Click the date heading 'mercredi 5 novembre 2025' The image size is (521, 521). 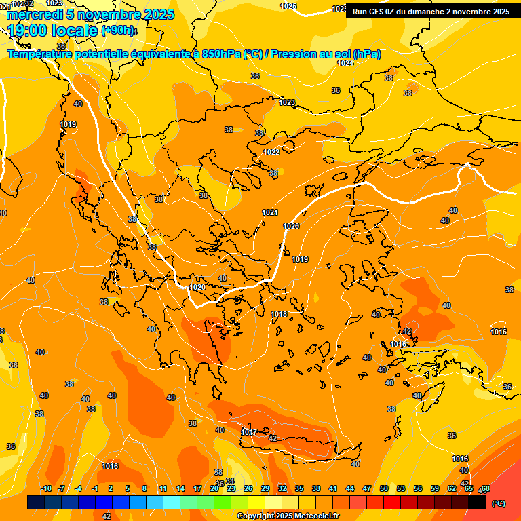90,14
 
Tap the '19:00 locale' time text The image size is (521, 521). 53,31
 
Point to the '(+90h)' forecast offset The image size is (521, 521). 118,31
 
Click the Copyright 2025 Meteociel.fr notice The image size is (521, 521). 288,516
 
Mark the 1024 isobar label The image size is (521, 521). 345,63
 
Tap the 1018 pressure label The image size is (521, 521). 279,314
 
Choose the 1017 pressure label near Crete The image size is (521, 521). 249,432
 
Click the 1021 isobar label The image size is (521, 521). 270,212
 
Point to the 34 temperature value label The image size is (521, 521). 230,481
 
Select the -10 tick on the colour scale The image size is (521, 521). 46,489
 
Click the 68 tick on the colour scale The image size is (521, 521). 485,489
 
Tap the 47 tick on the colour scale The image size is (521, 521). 367,489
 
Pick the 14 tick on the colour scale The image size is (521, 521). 180,489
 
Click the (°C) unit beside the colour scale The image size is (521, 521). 499,503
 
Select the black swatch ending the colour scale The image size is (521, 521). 478,503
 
